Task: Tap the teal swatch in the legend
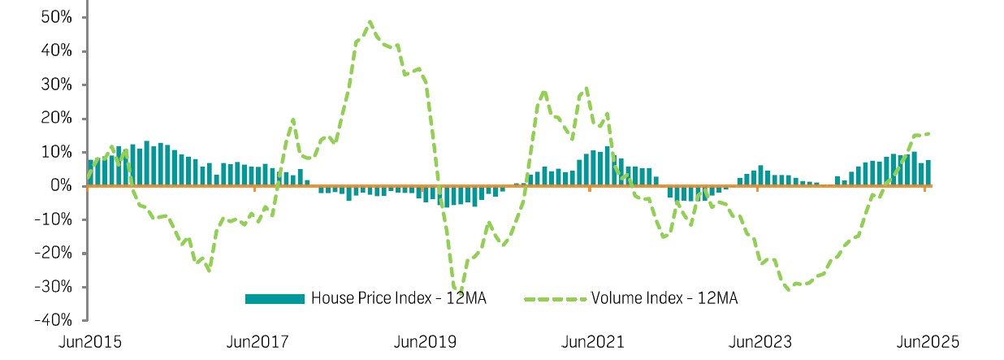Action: [x=275, y=298]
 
